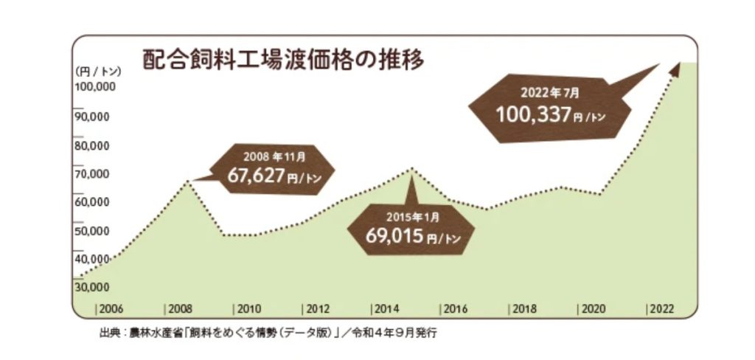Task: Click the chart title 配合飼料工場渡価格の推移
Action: pyautogui.click(x=283, y=59)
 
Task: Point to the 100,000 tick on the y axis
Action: pyautogui.click(x=93, y=87)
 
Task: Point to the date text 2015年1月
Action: pyautogui.click(x=411, y=217)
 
